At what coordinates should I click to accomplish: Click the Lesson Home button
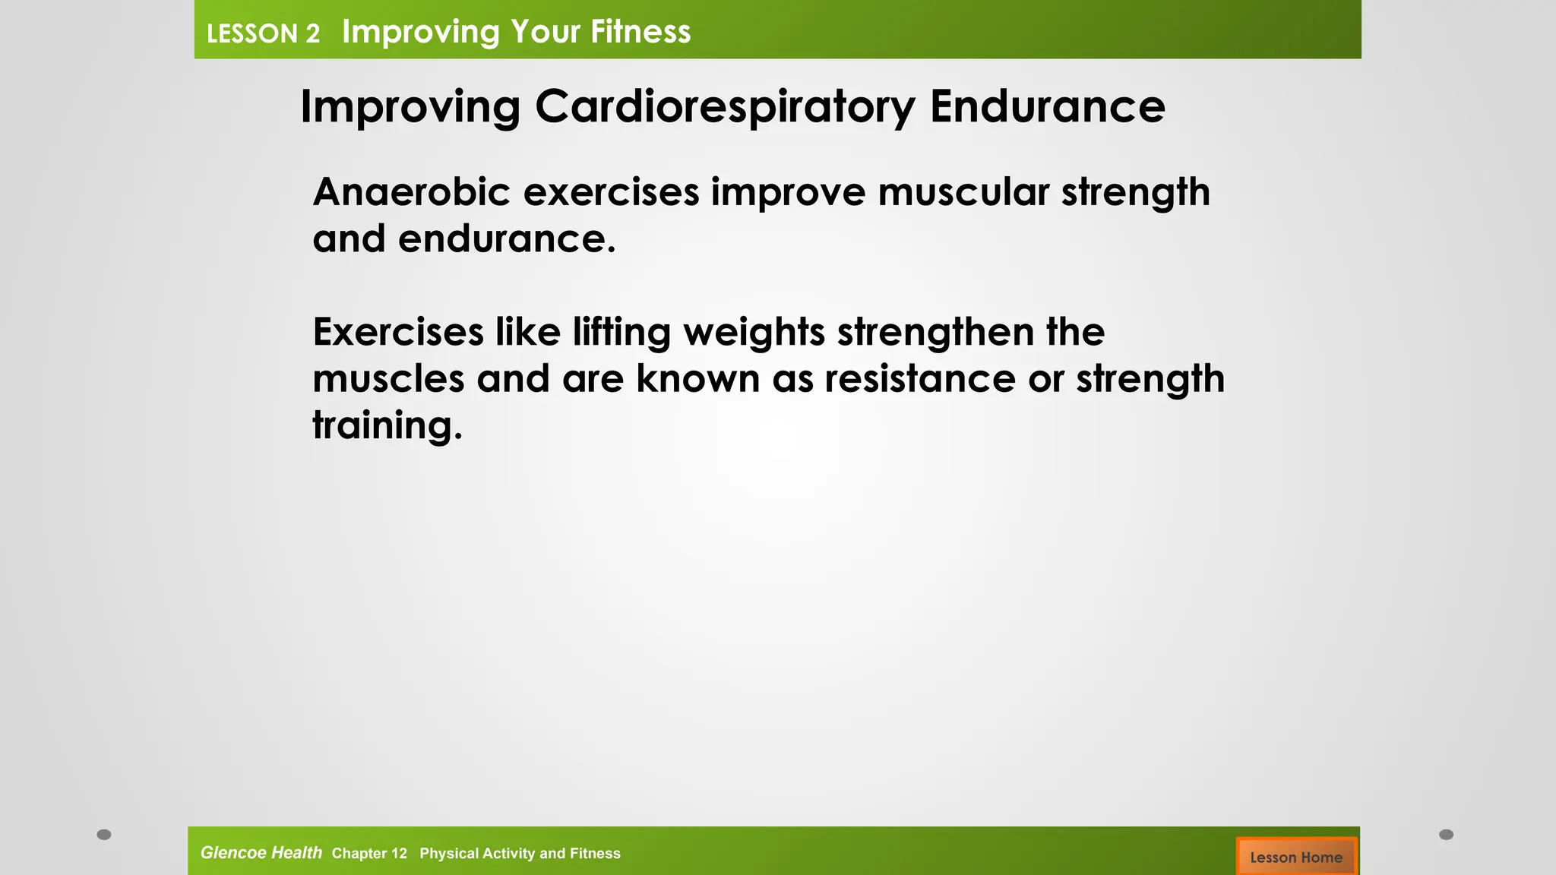point(1295,857)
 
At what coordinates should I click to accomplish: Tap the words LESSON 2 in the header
point(263,34)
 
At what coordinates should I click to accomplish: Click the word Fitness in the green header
point(640,32)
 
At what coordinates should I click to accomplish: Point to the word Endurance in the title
point(1047,106)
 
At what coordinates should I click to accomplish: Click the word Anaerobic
point(411,191)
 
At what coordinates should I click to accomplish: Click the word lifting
point(621,333)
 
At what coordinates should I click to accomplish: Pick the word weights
point(754,333)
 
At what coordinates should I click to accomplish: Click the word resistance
point(920,378)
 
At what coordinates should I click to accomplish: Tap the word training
point(387,425)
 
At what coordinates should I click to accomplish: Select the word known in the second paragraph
point(697,378)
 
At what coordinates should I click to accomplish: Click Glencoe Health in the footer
point(261,853)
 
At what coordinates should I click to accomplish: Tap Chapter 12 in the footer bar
point(369,854)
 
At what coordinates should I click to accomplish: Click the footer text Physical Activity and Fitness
point(520,854)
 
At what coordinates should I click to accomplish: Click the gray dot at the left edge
point(104,835)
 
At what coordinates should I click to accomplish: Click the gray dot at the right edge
point(1446,835)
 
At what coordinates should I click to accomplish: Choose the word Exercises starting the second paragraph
point(398,333)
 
